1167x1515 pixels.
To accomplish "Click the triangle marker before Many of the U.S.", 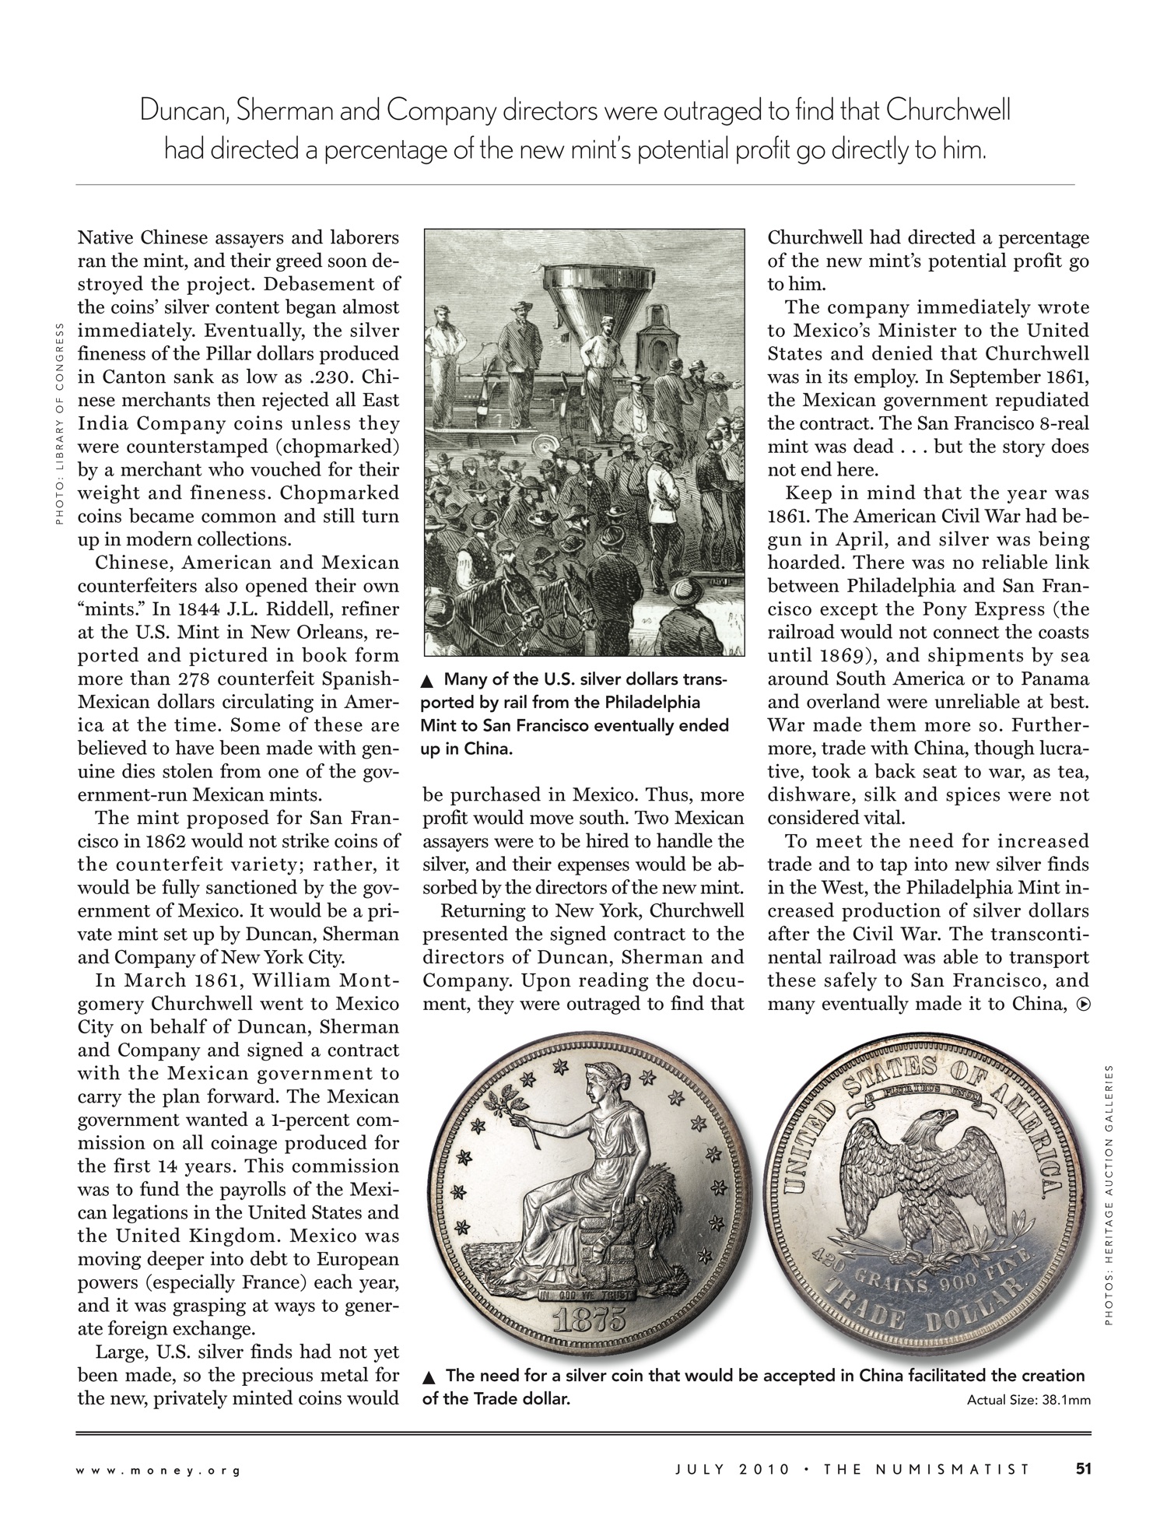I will click(x=426, y=682).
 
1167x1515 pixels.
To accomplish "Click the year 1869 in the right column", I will click(x=836, y=655).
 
